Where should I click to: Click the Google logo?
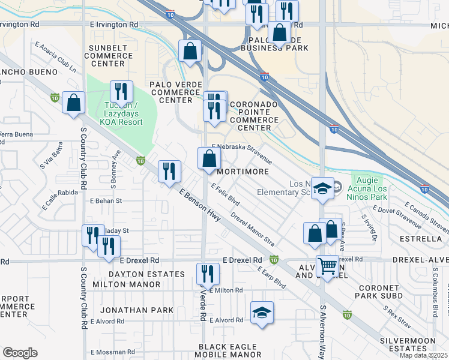tap(20, 353)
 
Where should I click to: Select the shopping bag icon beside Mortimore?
tap(209, 159)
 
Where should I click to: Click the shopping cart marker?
tap(327, 265)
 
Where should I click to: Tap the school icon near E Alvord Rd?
tap(262, 312)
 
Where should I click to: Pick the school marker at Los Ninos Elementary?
tap(322, 188)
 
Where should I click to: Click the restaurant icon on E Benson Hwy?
tap(169, 171)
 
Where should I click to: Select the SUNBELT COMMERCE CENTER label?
tap(109, 56)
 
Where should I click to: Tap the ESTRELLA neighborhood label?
tap(423, 238)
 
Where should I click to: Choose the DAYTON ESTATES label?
tap(137, 274)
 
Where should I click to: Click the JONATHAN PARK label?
tap(136, 310)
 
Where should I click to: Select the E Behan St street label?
tap(106, 201)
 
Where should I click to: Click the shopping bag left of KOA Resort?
tap(73, 103)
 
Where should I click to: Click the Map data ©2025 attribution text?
tap(423, 355)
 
